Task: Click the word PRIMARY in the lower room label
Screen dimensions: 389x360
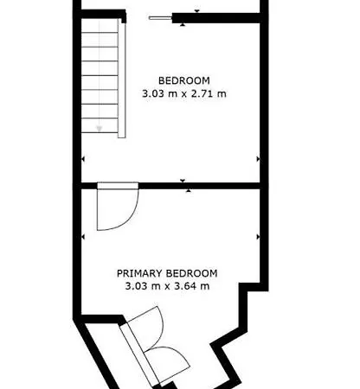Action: pyautogui.click(x=143, y=273)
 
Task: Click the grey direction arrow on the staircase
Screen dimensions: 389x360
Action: pyautogui.click(x=100, y=129)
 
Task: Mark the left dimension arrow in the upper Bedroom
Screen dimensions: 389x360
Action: pyautogui.click(x=83, y=159)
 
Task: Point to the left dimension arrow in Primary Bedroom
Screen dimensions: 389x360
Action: pyautogui.click(x=83, y=236)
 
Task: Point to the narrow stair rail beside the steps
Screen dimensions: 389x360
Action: pyautogui.click(x=121, y=77)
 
